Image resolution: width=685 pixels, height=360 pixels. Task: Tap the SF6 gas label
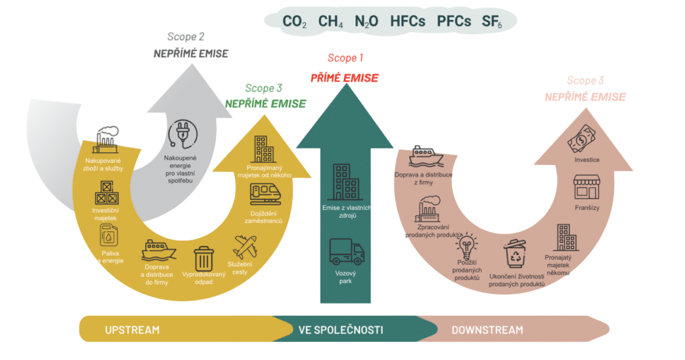[x=492, y=21]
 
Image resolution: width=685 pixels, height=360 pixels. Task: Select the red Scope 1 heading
[x=346, y=57]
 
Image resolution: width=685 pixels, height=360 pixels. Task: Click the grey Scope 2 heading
[x=186, y=36]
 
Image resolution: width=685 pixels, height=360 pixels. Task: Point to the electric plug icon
[x=183, y=131]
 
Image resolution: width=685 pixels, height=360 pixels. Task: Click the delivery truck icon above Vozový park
[x=346, y=252]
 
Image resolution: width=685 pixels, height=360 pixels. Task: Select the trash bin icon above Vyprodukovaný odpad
[x=204, y=259]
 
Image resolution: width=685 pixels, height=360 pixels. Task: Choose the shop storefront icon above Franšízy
[x=587, y=187]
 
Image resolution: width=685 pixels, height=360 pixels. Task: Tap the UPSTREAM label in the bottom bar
[x=132, y=330]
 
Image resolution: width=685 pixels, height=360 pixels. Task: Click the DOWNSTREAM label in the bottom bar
[x=487, y=330]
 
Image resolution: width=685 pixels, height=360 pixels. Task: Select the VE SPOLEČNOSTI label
[x=340, y=330]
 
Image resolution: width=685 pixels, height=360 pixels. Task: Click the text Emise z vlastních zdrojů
[x=346, y=211]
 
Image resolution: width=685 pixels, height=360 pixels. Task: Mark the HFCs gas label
[x=407, y=21]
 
